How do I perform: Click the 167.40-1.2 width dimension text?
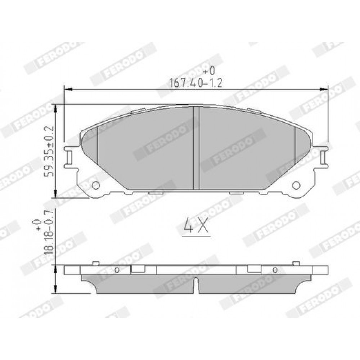(x=195, y=83)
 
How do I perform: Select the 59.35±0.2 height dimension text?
(x=49, y=151)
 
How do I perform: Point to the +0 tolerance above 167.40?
(x=209, y=71)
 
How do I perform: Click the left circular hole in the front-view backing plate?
(x=95, y=185)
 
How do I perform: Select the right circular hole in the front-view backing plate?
(x=296, y=185)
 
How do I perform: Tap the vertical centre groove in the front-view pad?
(x=196, y=148)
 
